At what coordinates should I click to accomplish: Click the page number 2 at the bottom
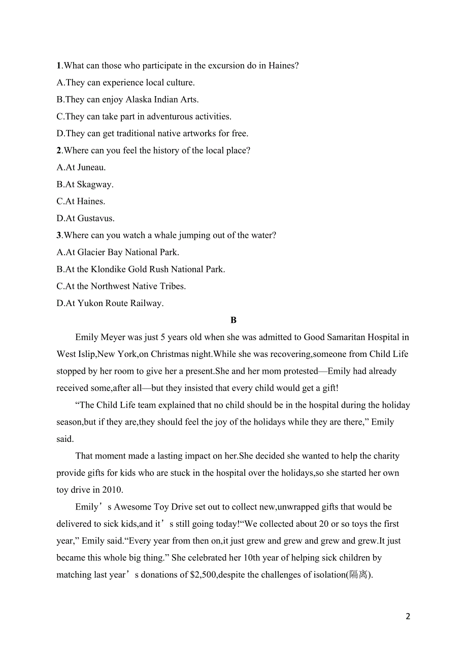pos(408,617)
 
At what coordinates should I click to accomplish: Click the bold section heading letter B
pos(233,320)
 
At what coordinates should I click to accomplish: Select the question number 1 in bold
pos(59,66)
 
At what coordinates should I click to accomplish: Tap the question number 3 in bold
pos(59,235)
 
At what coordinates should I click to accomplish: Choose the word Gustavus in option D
pos(96,219)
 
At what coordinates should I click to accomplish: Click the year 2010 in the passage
pos(112,490)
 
